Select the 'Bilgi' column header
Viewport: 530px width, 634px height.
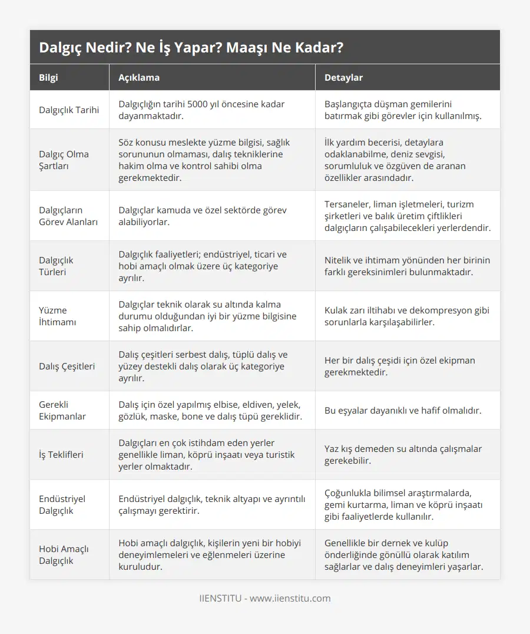click(x=48, y=77)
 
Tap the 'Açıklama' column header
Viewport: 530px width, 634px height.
click(x=139, y=77)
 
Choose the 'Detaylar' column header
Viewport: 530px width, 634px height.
click(x=343, y=77)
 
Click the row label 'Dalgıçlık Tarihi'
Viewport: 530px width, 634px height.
click(x=69, y=110)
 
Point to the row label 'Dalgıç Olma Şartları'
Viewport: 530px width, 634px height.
click(x=64, y=160)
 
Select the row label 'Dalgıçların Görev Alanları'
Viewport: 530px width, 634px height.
click(x=68, y=216)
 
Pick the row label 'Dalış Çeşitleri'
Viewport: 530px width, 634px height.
click(x=67, y=366)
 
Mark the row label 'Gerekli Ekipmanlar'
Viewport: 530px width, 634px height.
click(x=62, y=410)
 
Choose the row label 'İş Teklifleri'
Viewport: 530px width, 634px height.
click(x=61, y=454)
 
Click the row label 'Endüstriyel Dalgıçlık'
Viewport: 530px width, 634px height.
click(x=62, y=504)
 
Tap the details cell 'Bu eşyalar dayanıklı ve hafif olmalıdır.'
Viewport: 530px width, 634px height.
click(x=403, y=410)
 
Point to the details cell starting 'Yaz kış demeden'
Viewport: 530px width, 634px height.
click(x=403, y=454)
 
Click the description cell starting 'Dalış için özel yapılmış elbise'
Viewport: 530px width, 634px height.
click(x=210, y=410)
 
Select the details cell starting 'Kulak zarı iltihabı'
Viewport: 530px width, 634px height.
click(x=406, y=316)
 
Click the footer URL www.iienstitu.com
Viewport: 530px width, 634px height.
click(x=290, y=598)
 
